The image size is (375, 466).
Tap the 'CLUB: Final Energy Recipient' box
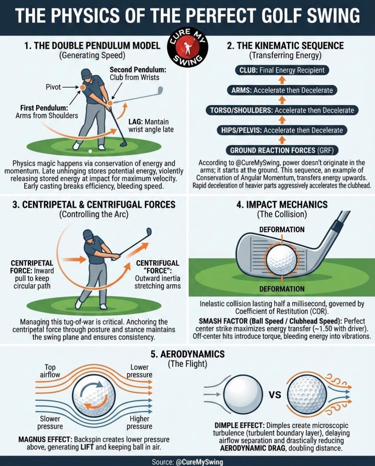click(x=282, y=70)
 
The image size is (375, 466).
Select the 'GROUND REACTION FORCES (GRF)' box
click(x=282, y=150)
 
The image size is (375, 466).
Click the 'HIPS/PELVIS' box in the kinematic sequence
click(x=282, y=130)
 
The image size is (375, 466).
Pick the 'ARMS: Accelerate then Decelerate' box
click(x=282, y=90)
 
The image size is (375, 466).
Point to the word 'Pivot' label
click(x=53, y=87)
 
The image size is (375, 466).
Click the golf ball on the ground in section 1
click(x=90, y=151)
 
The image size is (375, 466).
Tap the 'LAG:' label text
click(x=136, y=122)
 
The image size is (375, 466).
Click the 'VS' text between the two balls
click(x=275, y=395)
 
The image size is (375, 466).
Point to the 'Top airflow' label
click(x=50, y=371)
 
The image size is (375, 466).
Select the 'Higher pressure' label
click(x=139, y=423)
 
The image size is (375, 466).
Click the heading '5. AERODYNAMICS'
click(x=187, y=354)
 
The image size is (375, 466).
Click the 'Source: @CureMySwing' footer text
click(x=187, y=462)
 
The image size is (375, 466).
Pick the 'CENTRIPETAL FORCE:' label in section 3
click(x=32, y=267)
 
